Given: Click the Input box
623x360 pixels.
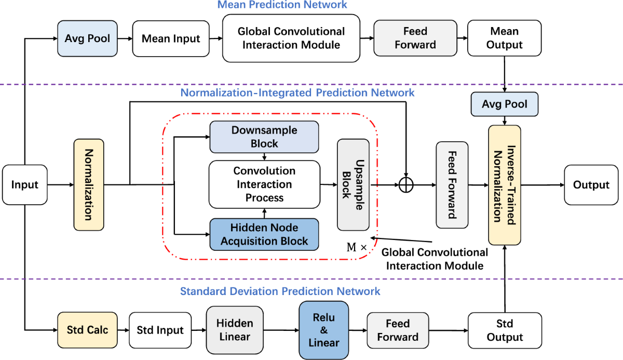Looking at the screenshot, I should pyautogui.click(x=24, y=184).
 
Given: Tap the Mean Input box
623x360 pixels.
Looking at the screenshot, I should pyautogui.click(x=171, y=38).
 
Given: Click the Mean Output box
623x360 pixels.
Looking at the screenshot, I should pyautogui.click(x=504, y=38).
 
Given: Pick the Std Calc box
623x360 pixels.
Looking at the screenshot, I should pyautogui.click(x=87, y=330).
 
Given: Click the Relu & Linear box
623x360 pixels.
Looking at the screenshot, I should pyautogui.click(x=323, y=330).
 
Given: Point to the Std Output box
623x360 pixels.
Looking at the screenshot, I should pyautogui.click(x=504, y=330).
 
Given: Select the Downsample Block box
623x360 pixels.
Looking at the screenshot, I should pyautogui.click(x=264, y=137).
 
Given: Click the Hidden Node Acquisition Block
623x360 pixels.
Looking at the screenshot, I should pyautogui.click(x=264, y=234).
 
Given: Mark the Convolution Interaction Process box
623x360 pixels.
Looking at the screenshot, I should pyautogui.click(x=264, y=184).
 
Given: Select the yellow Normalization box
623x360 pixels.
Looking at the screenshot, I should pyautogui.click(x=89, y=184).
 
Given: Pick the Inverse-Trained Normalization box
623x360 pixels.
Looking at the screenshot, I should pyautogui.click(x=504, y=184).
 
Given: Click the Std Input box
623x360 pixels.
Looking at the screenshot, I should pyautogui.click(x=160, y=330).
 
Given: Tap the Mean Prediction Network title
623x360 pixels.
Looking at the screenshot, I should pyautogui.click(x=282, y=5).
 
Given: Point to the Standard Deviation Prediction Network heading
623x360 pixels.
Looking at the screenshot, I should pyautogui.click(x=280, y=291).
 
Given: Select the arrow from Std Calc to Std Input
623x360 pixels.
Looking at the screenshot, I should pyautogui.click(x=123, y=330).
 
